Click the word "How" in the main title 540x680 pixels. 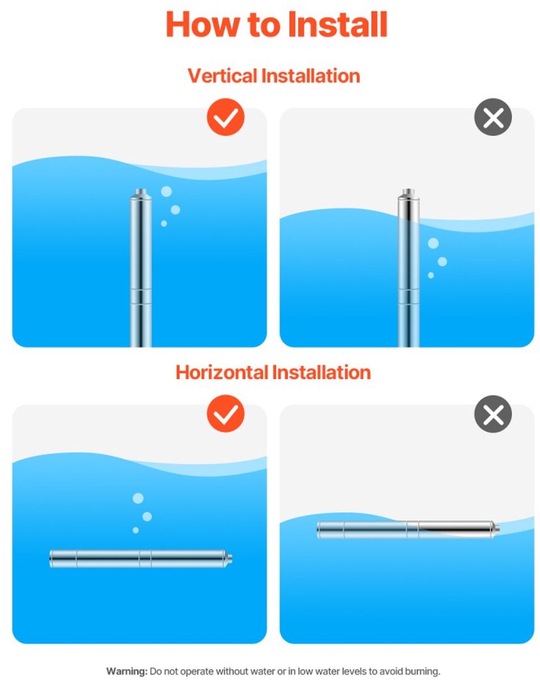199,24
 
